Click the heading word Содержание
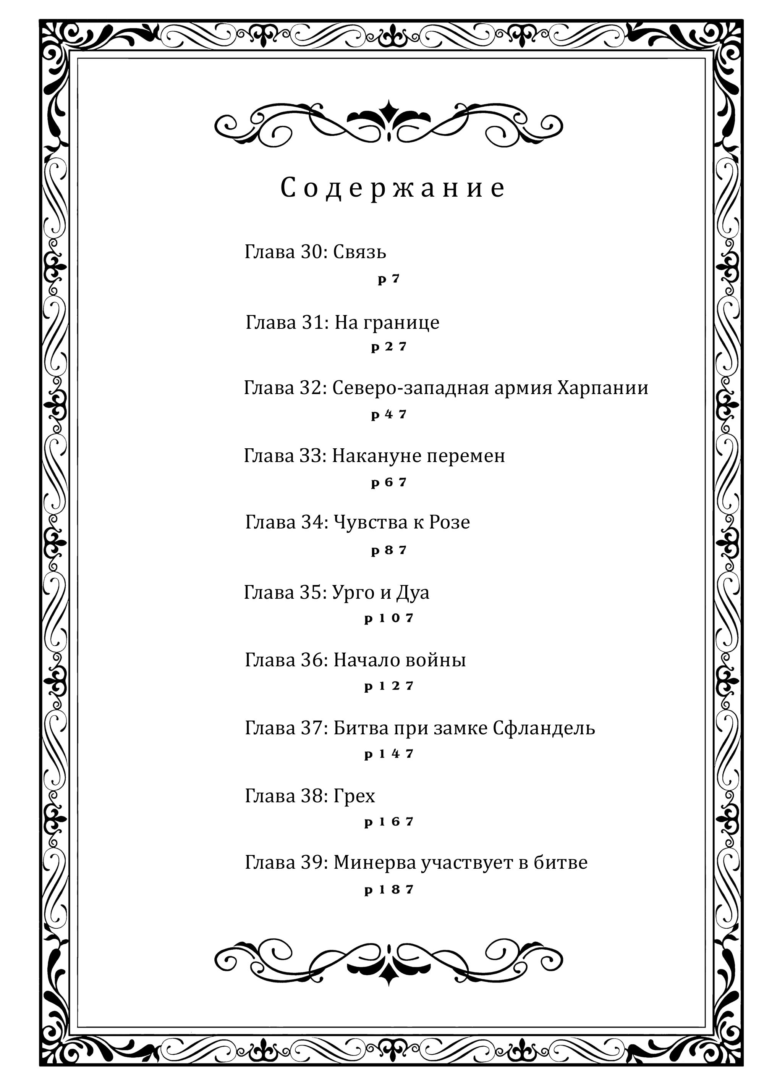(x=393, y=188)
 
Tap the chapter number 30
(x=311, y=252)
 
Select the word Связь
(x=359, y=252)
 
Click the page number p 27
(x=389, y=347)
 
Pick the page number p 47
(x=389, y=414)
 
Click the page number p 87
(x=389, y=550)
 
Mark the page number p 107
(x=389, y=618)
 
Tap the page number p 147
(x=389, y=754)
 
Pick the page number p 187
(x=389, y=890)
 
